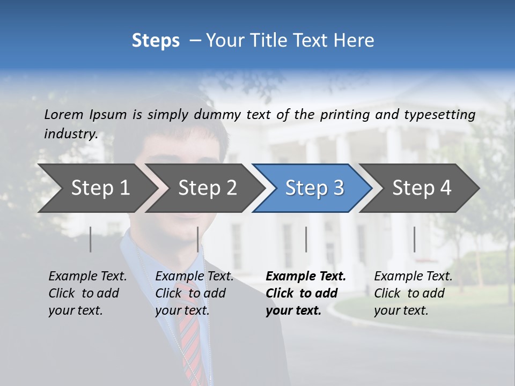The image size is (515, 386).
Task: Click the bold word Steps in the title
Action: pyautogui.click(x=156, y=41)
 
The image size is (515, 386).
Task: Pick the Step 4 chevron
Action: pyautogui.click(x=421, y=188)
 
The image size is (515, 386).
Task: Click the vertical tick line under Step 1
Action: pyautogui.click(x=91, y=239)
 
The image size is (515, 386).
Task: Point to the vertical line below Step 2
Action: pyautogui.click(x=198, y=239)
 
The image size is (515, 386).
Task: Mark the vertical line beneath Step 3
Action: pyautogui.click(x=306, y=239)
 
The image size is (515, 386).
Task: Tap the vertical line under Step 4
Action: pyautogui.click(x=415, y=239)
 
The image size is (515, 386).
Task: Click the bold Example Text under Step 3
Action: pyautogui.click(x=306, y=293)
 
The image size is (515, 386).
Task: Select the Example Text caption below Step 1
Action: pyautogui.click(x=87, y=293)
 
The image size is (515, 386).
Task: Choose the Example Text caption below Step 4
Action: pyautogui.click(x=413, y=293)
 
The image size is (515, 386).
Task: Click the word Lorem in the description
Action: pyautogui.click(x=64, y=114)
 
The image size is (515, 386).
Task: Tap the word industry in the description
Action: pyautogui.click(x=70, y=133)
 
